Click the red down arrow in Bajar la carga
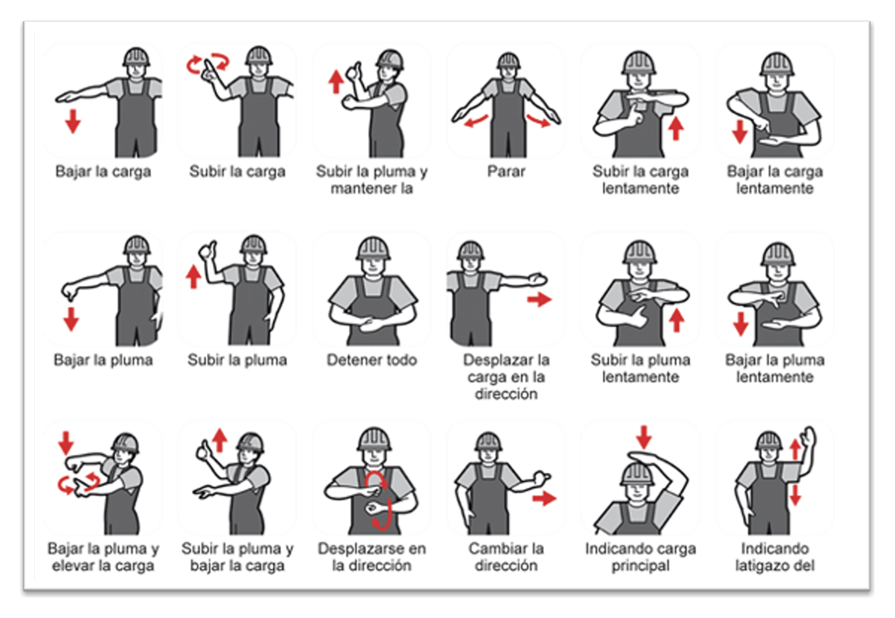coord(73,121)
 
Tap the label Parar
coord(506,171)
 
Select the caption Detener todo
coord(371,360)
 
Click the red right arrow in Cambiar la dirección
coord(544,498)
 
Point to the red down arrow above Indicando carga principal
coord(644,437)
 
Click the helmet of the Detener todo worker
coord(373,248)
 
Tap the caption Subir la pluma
coord(237,360)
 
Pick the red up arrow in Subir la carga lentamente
coord(675,128)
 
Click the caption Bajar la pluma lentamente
coord(775,368)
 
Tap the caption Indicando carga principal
coord(641,557)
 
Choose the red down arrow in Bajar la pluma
coord(71,319)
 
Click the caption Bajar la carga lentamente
coord(775,180)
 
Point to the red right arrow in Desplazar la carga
coord(540,299)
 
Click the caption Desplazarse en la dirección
coord(371,557)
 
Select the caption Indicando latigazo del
coord(775,557)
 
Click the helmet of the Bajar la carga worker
coord(136,57)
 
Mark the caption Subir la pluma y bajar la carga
coord(237,557)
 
